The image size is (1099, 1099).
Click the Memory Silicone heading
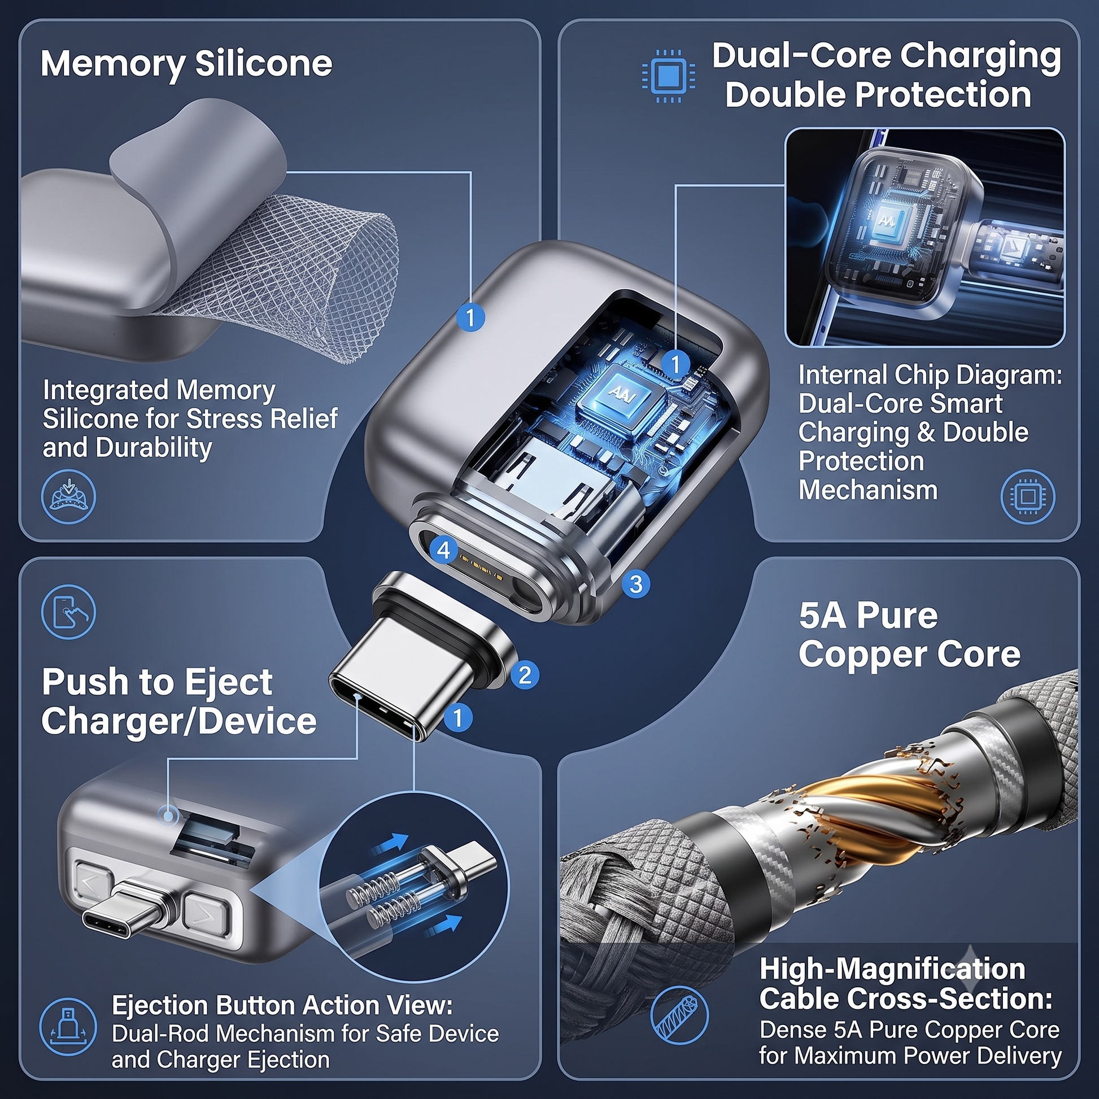186,64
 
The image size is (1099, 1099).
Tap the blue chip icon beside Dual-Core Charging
668,76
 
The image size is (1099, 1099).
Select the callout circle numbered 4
444,550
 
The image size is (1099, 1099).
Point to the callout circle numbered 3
636,583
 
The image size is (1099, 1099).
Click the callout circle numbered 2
525,675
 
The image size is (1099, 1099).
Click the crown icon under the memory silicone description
69,496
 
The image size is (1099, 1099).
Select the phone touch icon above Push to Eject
69,612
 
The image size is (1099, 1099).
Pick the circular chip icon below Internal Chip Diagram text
1028,496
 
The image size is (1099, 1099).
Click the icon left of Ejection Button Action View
68,1027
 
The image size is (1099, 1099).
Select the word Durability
154,448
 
